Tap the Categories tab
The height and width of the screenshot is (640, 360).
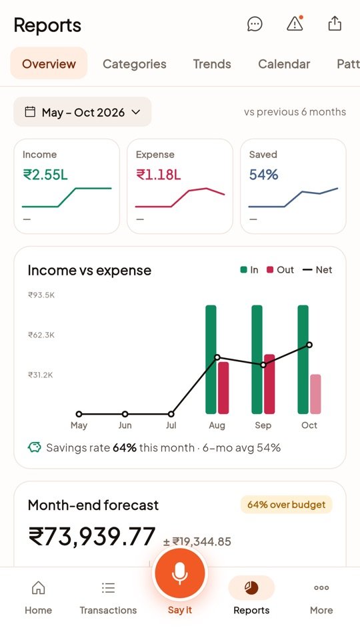tap(134, 64)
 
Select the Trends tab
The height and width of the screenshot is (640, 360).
tap(212, 64)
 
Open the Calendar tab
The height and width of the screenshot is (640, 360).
tap(284, 64)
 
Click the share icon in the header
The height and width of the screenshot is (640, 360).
tap(335, 24)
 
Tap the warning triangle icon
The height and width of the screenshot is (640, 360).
tap(295, 24)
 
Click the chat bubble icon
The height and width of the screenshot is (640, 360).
tap(255, 24)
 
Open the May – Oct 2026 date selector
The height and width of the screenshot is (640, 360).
tap(83, 112)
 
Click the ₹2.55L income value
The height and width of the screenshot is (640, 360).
tap(45, 175)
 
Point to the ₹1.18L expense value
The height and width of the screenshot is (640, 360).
tap(159, 175)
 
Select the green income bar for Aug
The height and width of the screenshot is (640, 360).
tap(211, 359)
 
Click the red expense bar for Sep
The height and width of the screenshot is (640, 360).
tap(269, 384)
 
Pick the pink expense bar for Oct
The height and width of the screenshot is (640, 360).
tap(315, 394)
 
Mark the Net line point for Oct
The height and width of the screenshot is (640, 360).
tap(309, 345)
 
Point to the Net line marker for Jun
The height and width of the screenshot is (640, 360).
tap(125, 414)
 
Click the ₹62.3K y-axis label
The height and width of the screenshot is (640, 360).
tap(41, 335)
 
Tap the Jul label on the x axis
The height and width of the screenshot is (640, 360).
tap(171, 425)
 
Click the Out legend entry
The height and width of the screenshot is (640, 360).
tap(280, 270)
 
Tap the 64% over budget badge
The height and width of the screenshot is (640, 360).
tap(286, 505)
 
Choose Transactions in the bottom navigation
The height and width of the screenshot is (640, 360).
tap(108, 599)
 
